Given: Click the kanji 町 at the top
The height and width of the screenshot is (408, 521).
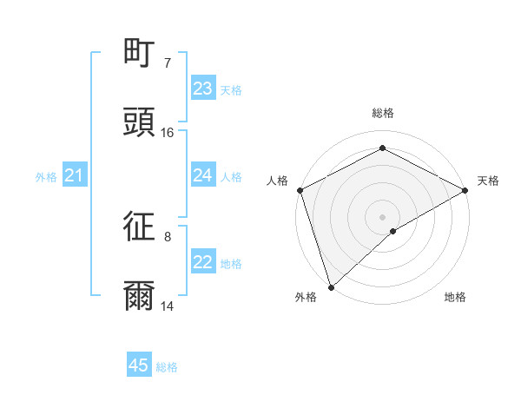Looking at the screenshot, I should pyautogui.click(x=140, y=54).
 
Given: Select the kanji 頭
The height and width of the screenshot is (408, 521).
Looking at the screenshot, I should pyautogui.click(x=140, y=122).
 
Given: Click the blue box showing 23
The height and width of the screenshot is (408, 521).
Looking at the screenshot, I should pyautogui.click(x=203, y=89).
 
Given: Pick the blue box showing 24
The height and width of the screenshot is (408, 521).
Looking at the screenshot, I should pyautogui.click(x=203, y=175).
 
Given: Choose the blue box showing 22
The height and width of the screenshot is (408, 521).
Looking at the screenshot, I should pyautogui.click(x=203, y=263).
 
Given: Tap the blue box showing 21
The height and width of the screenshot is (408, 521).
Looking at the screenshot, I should pyautogui.click(x=75, y=176).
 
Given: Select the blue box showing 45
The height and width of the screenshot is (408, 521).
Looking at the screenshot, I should pyautogui.click(x=139, y=365).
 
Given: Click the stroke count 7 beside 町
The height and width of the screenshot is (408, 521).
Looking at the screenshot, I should pyautogui.click(x=168, y=63).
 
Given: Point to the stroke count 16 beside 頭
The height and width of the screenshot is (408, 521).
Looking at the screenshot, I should pyautogui.click(x=168, y=133).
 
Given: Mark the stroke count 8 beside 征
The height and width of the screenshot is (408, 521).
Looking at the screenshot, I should pyautogui.click(x=168, y=236).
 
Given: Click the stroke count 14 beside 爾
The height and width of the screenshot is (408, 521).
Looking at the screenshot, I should pyautogui.click(x=168, y=306).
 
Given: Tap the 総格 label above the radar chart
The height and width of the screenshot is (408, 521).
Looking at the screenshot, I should pyautogui.click(x=383, y=113).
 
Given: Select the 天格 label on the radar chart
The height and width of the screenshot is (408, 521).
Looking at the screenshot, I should pyautogui.click(x=488, y=181).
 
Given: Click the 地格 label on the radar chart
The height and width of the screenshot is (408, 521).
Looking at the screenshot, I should pyautogui.click(x=455, y=297).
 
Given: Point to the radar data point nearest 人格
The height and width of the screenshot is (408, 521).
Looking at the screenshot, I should pyautogui.click(x=300, y=190).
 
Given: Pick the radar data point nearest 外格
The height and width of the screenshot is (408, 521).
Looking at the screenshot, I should pyautogui.click(x=331, y=287).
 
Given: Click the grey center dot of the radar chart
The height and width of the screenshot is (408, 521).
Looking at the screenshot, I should pyautogui.click(x=382, y=216).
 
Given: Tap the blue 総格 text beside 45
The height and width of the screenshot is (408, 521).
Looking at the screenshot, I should pyautogui.click(x=167, y=367).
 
